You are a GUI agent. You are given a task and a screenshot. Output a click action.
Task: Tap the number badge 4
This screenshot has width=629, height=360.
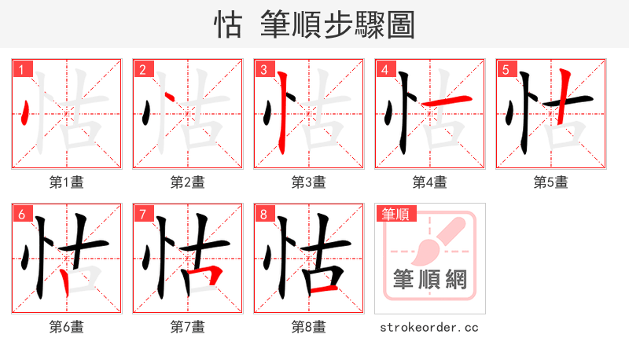click(385, 70)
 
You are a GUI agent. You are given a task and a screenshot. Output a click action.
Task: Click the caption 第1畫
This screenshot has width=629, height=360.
click(66, 182)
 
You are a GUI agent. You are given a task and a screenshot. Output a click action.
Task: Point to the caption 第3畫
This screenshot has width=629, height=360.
click(308, 182)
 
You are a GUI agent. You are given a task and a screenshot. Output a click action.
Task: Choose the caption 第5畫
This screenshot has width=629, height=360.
click(550, 182)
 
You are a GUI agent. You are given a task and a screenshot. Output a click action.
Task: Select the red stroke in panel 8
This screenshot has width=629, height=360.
click(323, 290)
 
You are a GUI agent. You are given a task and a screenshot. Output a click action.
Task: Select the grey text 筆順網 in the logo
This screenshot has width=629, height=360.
click(429, 279)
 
